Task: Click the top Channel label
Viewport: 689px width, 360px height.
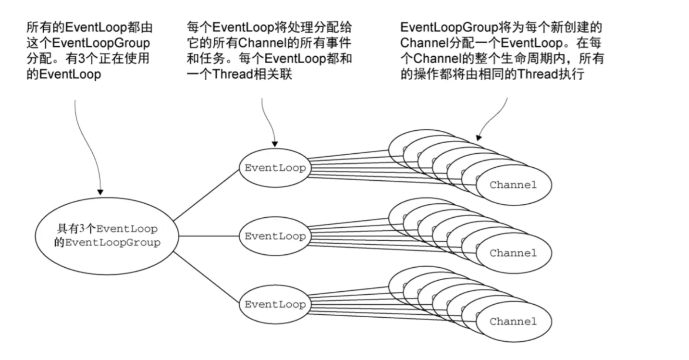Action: (x=513, y=185)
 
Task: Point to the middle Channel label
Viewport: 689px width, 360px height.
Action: (x=513, y=253)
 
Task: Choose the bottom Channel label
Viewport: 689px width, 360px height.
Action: (x=513, y=322)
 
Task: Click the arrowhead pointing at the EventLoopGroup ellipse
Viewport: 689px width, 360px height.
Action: (x=100, y=192)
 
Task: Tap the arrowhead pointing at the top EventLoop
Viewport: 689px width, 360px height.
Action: (x=275, y=144)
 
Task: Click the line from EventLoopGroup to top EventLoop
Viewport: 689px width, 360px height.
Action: (x=207, y=196)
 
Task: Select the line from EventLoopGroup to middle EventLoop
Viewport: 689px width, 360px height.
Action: (x=209, y=236)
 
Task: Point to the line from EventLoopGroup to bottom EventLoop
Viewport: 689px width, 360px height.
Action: (x=207, y=277)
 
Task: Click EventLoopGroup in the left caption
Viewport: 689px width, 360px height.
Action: (x=101, y=43)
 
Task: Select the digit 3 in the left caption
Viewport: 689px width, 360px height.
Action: (x=82, y=59)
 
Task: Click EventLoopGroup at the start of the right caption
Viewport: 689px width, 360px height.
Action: (x=449, y=28)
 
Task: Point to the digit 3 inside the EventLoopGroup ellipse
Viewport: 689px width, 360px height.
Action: (x=82, y=229)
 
